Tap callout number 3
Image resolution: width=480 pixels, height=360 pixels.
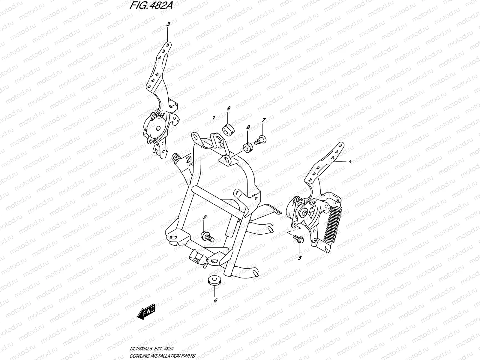(x=168, y=24)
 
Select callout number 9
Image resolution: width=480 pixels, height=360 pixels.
(x=229, y=108)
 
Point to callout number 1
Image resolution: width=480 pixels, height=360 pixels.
(x=214, y=118)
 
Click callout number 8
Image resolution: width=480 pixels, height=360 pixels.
(x=248, y=127)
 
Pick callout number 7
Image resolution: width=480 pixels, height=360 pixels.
(x=264, y=120)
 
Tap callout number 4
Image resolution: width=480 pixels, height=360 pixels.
(x=350, y=161)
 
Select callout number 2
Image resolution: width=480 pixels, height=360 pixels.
(x=205, y=217)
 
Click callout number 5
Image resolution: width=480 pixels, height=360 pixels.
(x=300, y=258)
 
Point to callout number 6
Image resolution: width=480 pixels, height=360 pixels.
(x=215, y=301)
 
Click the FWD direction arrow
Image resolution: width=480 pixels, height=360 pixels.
(x=146, y=311)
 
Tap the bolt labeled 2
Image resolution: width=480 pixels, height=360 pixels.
(x=207, y=237)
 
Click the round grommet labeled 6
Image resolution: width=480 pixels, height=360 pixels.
(x=214, y=281)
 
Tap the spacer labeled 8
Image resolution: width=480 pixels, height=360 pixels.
(x=248, y=148)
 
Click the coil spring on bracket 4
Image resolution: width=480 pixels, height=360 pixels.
(x=333, y=224)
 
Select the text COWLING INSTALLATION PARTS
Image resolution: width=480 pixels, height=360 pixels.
(x=162, y=356)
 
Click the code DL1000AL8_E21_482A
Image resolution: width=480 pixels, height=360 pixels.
(x=151, y=349)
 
